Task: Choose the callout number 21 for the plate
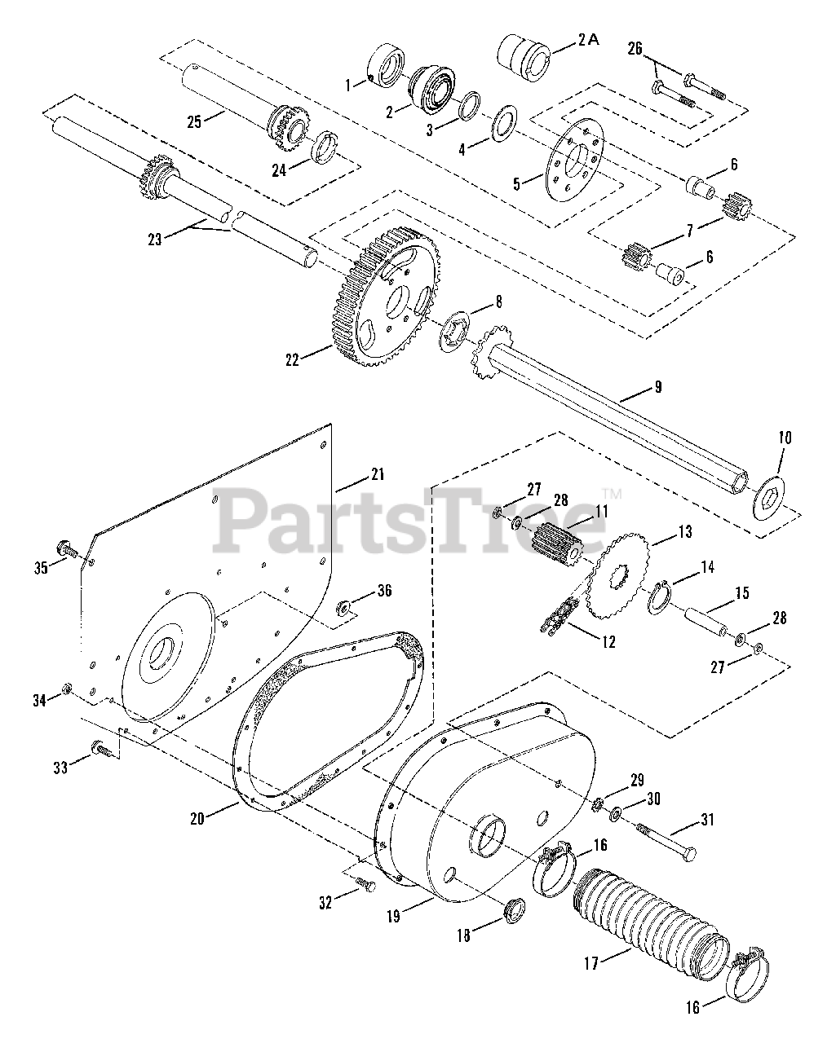click(x=377, y=474)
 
